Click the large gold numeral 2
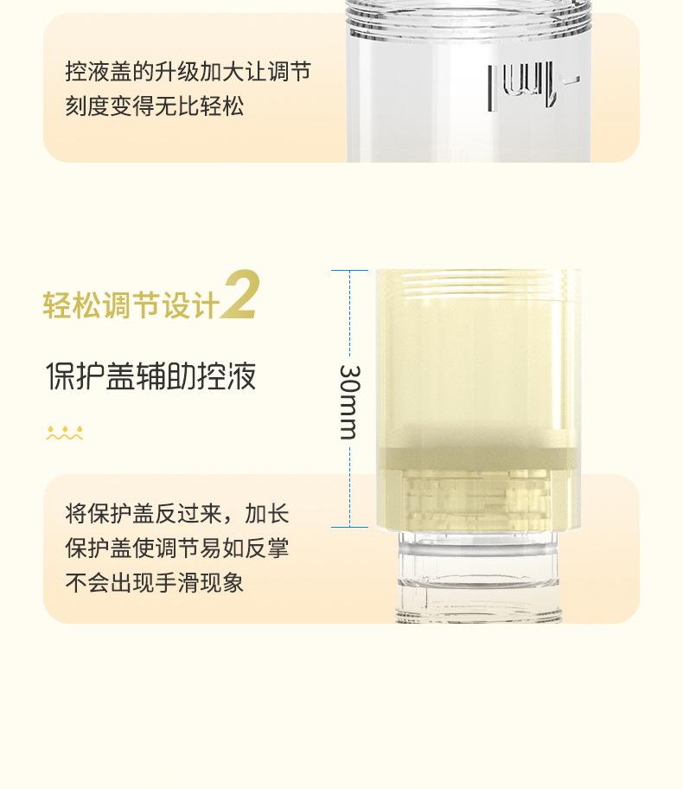[239, 295]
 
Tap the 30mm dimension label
[348, 401]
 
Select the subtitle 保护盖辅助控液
[151, 377]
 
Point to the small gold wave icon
[65, 433]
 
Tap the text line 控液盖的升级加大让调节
[188, 71]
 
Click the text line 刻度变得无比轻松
[154, 106]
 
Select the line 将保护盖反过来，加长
[177, 514]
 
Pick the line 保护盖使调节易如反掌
[177, 548]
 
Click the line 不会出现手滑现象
[154, 583]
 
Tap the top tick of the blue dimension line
[349, 271]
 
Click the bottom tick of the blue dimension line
[349, 527]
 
